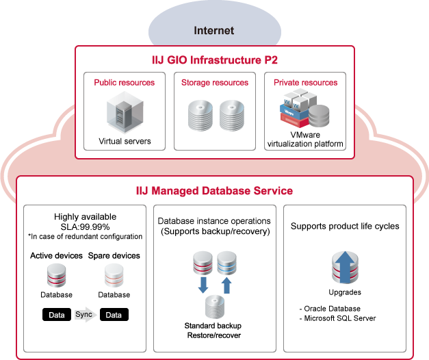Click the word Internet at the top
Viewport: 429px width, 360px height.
pos(213,30)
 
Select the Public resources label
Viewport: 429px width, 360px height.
pos(124,83)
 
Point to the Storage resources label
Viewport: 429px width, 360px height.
pos(214,83)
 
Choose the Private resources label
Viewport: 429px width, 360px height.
pos(305,83)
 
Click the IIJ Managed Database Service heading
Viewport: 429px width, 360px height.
pos(214,190)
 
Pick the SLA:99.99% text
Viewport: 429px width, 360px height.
pos(85,227)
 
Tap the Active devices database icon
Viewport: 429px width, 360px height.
pos(56,276)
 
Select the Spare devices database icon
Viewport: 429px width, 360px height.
pos(114,276)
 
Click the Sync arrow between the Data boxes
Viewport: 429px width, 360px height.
pos(85,315)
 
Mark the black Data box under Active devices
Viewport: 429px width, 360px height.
pos(56,315)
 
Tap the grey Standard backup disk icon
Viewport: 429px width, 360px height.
pos(214,306)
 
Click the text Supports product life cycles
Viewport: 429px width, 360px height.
pos(344,226)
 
